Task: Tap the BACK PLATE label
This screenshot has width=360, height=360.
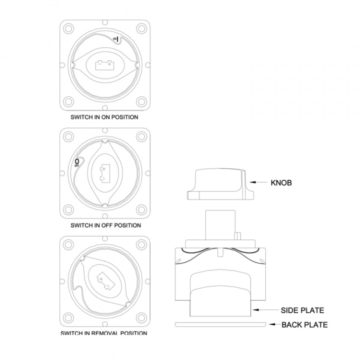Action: point(304,325)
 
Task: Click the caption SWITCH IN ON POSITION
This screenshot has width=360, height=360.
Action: point(105,117)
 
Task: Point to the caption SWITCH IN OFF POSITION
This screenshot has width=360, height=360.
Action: point(105,225)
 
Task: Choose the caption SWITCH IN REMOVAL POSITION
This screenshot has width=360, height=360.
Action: point(104,333)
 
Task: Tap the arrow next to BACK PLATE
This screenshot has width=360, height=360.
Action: point(272,325)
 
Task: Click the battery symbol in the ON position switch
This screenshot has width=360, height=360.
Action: point(104,64)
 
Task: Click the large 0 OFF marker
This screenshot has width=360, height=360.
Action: point(76,161)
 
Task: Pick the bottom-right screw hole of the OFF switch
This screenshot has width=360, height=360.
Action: point(141,209)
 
